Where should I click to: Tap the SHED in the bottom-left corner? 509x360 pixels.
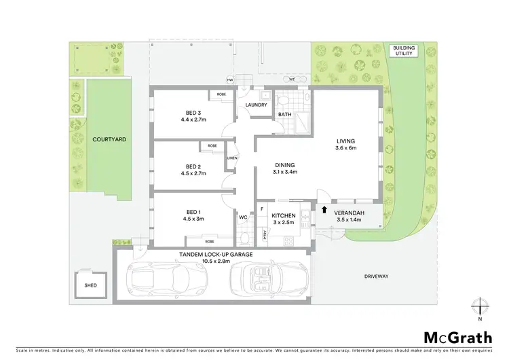click(x=90, y=286)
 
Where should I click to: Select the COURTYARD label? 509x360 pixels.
click(x=109, y=139)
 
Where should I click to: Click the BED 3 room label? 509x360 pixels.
click(x=193, y=113)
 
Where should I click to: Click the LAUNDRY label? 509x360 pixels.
click(x=256, y=105)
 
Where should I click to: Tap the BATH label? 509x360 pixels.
click(x=284, y=115)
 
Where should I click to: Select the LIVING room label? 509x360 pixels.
click(x=345, y=142)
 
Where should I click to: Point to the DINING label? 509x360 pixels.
click(x=284, y=164)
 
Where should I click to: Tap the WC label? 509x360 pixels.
click(x=242, y=217)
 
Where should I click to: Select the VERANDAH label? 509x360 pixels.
click(x=350, y=214)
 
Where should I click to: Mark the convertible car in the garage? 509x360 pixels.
click(x=269, y=278)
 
